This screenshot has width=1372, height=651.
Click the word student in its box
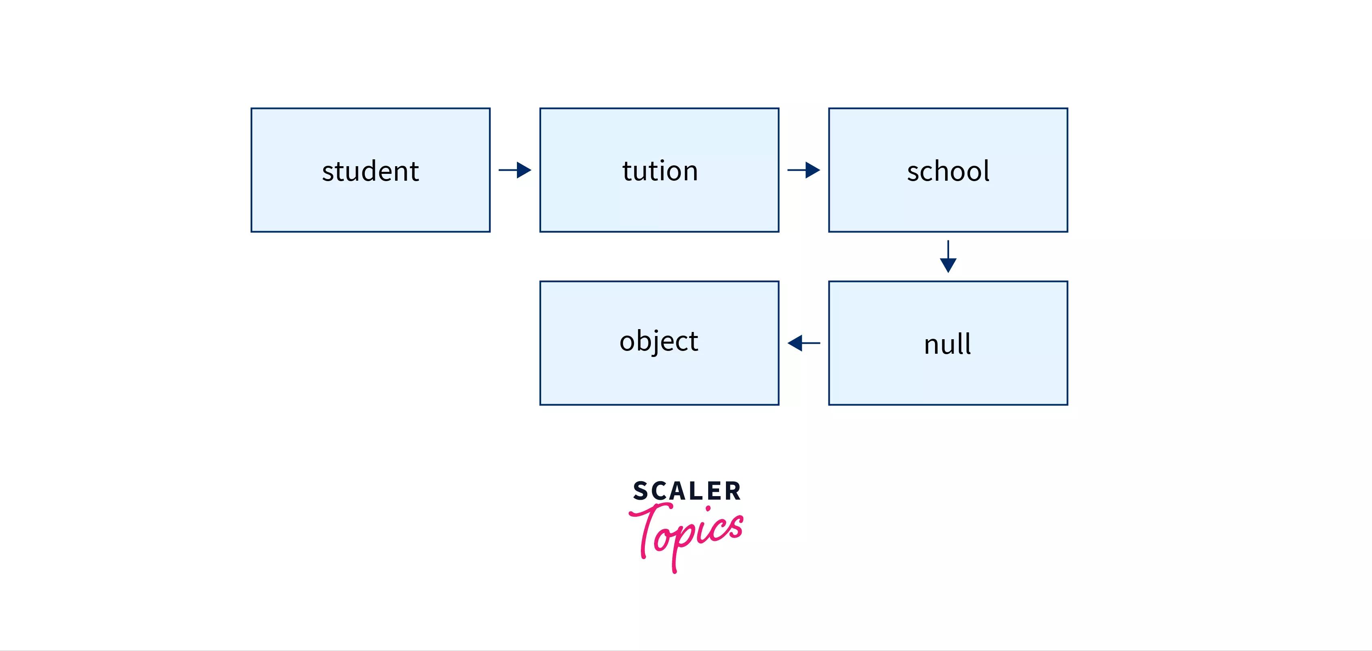[x=370, y=171]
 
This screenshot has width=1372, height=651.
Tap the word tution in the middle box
[x=659, y=171]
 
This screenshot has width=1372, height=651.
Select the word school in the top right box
[x=948, y=171]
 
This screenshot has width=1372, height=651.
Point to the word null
[x=947, y=344]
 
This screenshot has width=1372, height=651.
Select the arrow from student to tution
[x=515, y=170]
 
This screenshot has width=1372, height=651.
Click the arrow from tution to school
[x=804, y=170]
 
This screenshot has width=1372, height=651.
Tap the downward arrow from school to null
[x=948, y=257]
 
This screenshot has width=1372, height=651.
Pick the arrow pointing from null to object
[x=804, y=343]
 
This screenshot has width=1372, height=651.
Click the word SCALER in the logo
[x=686, y=491]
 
